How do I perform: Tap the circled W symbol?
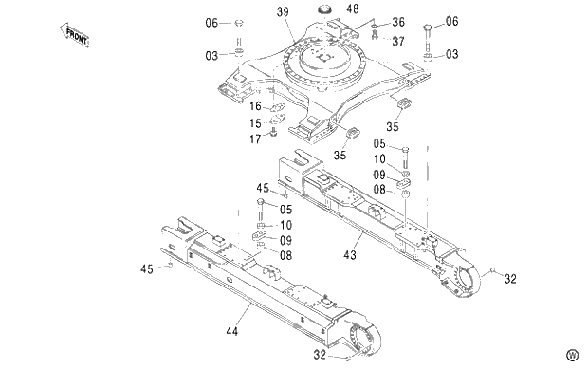[x=572, y=355]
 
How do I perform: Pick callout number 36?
[x=397, y=22]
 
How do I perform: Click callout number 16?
[x=255, y=106]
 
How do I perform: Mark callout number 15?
[x=255, y=122]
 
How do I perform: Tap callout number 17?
[x=255, y=139]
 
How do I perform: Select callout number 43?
[x=350, y=254]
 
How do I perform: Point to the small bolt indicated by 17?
[x=274, y=134]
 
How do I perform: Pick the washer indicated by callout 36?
[x=377, y=23]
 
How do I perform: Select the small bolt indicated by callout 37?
[x=376, y=36]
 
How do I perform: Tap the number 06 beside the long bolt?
[x=451, y=21]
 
